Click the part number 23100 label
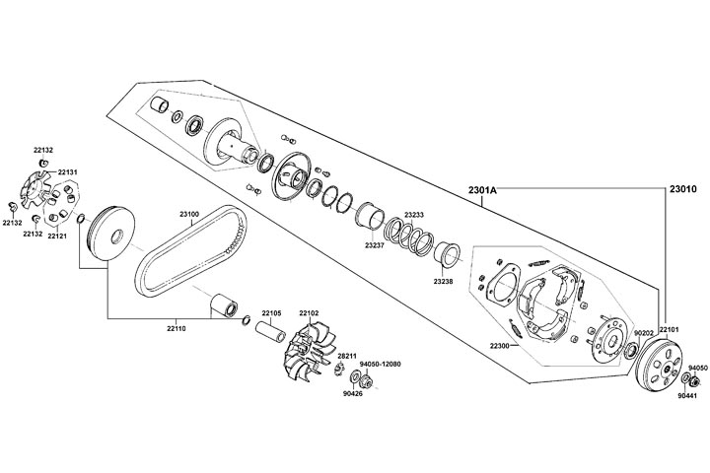189,214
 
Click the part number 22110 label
176,327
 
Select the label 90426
352,394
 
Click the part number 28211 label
346,355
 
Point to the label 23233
414,215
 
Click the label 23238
443,281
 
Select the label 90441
686,395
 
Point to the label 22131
53,171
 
